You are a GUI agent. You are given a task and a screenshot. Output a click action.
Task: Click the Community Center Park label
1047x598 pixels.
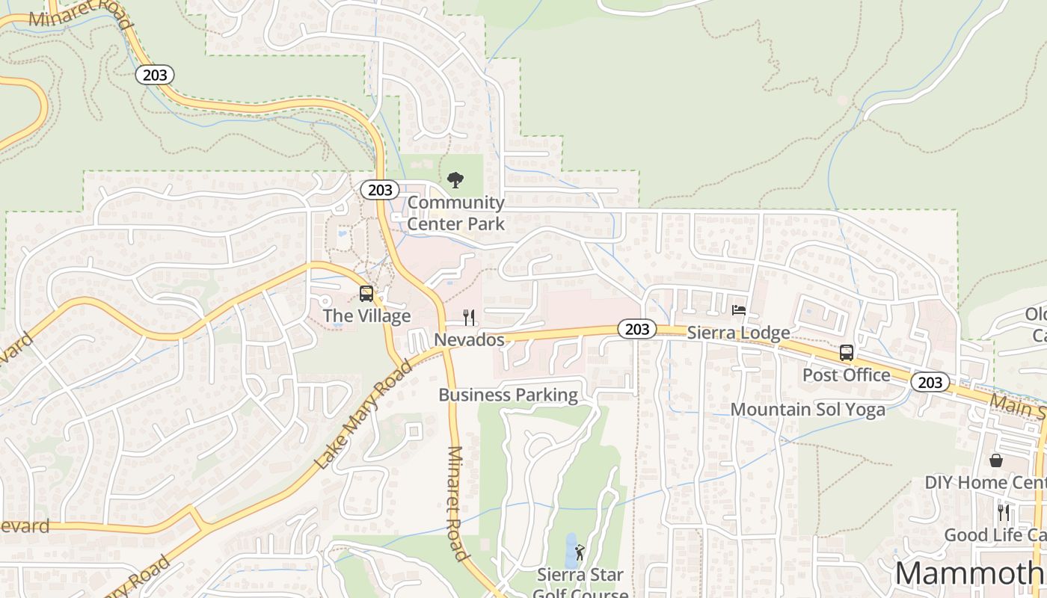[x=455, y=213]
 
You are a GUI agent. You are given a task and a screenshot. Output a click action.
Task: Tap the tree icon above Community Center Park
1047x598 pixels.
[x=455, y=180]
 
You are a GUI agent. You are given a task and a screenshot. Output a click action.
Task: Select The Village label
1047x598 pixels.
[x=366, y=316]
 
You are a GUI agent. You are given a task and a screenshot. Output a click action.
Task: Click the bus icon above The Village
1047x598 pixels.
[x=366, y=293]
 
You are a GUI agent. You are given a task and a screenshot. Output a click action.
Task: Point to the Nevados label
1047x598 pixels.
[x=469, y=340]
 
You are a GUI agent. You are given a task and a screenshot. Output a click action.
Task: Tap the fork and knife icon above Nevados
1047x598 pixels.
[x=469, y=318]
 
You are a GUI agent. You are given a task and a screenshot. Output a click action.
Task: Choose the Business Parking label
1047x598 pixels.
[x=508, y=395]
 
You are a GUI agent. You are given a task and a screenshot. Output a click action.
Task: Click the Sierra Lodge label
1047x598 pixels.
[x=738, y=333]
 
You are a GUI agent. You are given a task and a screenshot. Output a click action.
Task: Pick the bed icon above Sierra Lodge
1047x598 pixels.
[x=739, y=310]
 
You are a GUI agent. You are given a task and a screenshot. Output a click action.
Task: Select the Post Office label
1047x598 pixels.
[x=846, y=374]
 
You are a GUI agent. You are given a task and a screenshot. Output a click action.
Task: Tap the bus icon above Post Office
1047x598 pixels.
[x=847, y=352]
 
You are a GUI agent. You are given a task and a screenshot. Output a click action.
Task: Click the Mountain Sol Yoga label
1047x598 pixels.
[x=808, y=410]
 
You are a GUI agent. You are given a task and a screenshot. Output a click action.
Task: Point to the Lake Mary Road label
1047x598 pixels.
[x=363, y=414]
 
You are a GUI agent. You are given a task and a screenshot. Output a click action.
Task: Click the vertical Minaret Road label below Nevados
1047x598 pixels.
[x=457, y=503]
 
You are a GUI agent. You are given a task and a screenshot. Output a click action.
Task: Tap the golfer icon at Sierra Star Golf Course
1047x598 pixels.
[x=580, y=552]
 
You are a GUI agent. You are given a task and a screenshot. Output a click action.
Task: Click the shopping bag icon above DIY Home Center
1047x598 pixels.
[x=996, y=460]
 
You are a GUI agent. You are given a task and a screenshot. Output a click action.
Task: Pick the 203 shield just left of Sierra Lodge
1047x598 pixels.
[x=636, y=329]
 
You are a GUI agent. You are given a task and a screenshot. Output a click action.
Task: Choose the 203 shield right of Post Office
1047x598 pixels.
[x=930, y=383]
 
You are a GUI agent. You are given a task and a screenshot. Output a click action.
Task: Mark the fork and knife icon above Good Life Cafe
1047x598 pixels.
[x=1004, y=512]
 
